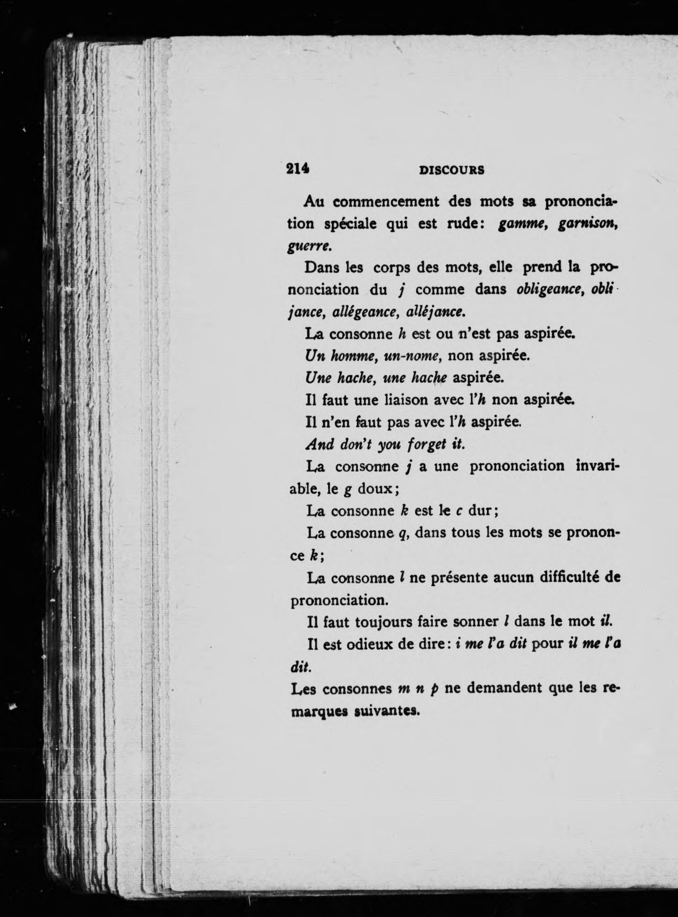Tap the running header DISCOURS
click(x=452, y=170)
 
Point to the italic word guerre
click(x=305, y=246)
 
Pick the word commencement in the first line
click(x=386, y=202)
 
